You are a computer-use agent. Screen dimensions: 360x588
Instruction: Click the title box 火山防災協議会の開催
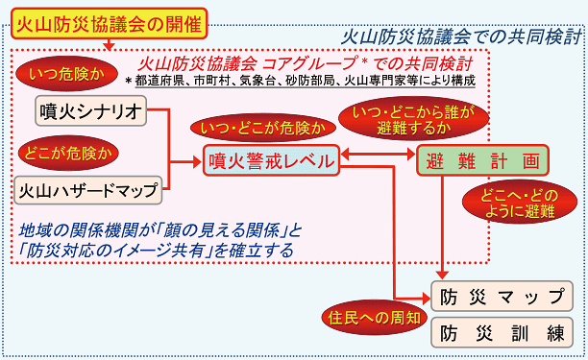tap(109, 20)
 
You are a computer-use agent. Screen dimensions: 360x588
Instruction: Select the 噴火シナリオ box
tap(92, 112)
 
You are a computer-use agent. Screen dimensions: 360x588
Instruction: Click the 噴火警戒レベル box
tap(274, 160)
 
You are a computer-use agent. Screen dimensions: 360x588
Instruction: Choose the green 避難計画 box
tap(483, 160)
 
